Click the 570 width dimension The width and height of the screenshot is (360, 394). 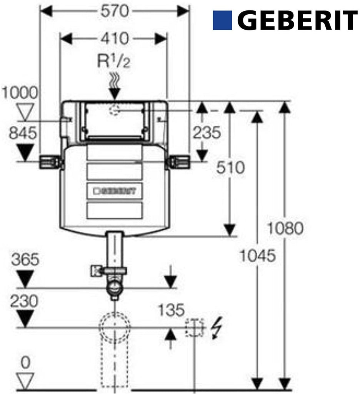(115, 12)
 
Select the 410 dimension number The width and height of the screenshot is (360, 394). (115, 39)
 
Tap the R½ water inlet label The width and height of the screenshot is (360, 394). (114, 61)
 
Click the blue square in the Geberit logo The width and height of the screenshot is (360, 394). (222, 20)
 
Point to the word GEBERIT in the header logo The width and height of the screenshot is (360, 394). (297, 20)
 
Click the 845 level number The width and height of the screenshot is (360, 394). (23, 133)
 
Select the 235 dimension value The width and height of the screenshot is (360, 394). (207, 132)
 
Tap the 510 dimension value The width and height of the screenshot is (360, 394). (230, 168)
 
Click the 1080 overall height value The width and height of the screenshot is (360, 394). (285, 229)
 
